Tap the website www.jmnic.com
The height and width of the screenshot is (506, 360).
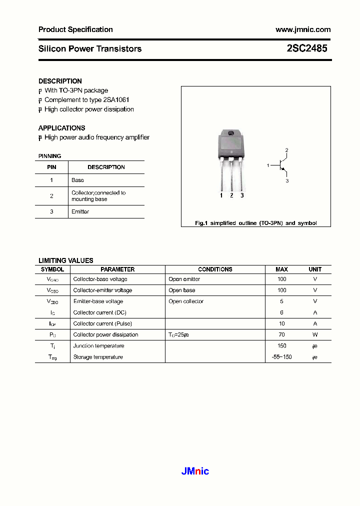tap(303, 29)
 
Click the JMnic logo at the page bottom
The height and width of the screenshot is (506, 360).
tap(194, 471)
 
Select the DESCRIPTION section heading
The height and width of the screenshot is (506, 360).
tap(60, 81)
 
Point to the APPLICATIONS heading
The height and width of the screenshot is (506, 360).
tap(61, 128)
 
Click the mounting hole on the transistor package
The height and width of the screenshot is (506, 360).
tap(231, 133)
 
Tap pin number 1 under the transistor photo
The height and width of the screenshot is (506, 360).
tap(221, 195)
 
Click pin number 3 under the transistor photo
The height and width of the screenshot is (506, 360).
tap(242, 195)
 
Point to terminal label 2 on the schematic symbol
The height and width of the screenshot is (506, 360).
tap(286, 150)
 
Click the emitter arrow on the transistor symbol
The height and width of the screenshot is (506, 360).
tap(283, 170)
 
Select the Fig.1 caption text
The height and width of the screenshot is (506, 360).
tap(255, 223)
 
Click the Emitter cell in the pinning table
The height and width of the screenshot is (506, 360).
tap(80, 211)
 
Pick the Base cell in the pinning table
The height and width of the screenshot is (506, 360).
tap(77, 180)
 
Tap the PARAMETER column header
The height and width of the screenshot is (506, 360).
tap(117, 269)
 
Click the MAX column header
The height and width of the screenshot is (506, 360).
tap(282, 269)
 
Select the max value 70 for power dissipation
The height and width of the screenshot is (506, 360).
tap(282, 334)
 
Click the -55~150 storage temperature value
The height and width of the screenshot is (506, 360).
tap(281, 357)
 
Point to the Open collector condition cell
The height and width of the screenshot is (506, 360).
tap(186, 301)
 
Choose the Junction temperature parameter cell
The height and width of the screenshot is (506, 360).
tap(98, 345)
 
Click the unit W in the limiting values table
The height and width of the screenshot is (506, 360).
tap(315, 334)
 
